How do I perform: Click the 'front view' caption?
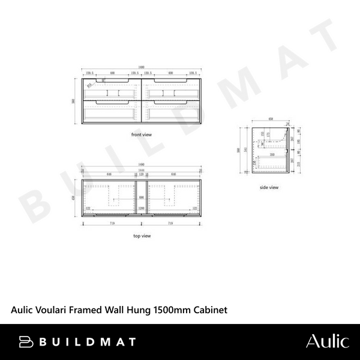[142, 135]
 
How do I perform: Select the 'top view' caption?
[142, 236]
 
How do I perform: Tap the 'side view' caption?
[269, 188]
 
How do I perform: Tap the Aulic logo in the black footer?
[327, 341]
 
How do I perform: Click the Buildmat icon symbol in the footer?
[26, 342]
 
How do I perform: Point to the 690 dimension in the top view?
[142, 197]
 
